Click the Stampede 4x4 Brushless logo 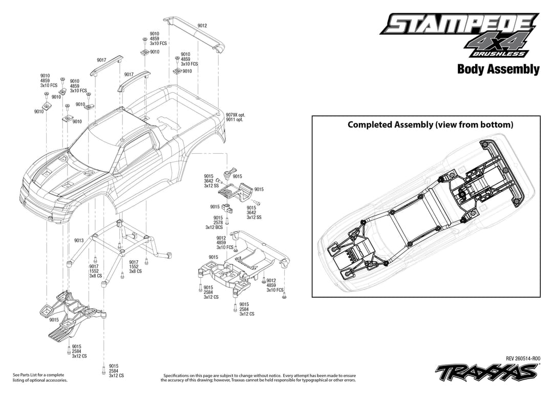pos(460,35)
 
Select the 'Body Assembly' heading pos(498,69)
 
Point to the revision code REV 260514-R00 pos(523,358)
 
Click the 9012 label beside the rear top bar pos(202,26)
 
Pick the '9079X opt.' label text pos(236,115)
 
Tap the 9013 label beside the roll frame pos(79,240)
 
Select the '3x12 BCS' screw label pos(214,227)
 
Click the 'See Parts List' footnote pos(40,378)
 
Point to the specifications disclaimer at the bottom pos(259,378)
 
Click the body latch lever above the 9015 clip pos(228,173)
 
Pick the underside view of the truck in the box pos(426,212)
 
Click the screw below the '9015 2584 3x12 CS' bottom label pos(103,370)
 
